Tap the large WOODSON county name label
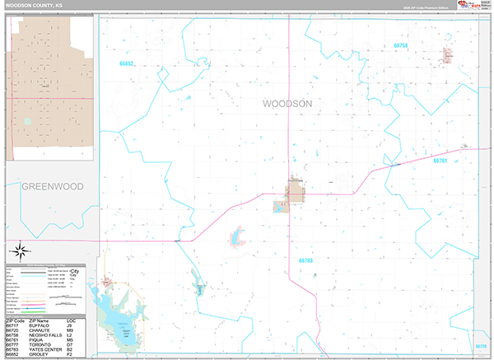pos(287,104)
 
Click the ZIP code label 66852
pos(126,63)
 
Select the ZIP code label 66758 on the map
pos(402,44)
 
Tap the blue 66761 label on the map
pos(440,161)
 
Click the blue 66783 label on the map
pos(305,260)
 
